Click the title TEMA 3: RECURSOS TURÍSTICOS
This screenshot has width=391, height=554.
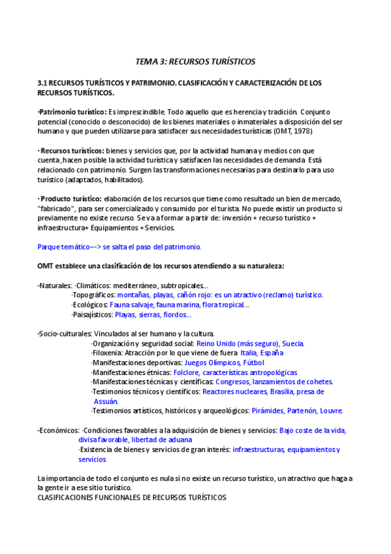[195, 61]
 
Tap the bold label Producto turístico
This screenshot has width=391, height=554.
[70, 199]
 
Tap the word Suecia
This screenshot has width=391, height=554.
[293, 344]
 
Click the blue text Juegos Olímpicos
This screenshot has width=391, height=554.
[213, 363]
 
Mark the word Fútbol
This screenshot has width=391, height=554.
[254, 363]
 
